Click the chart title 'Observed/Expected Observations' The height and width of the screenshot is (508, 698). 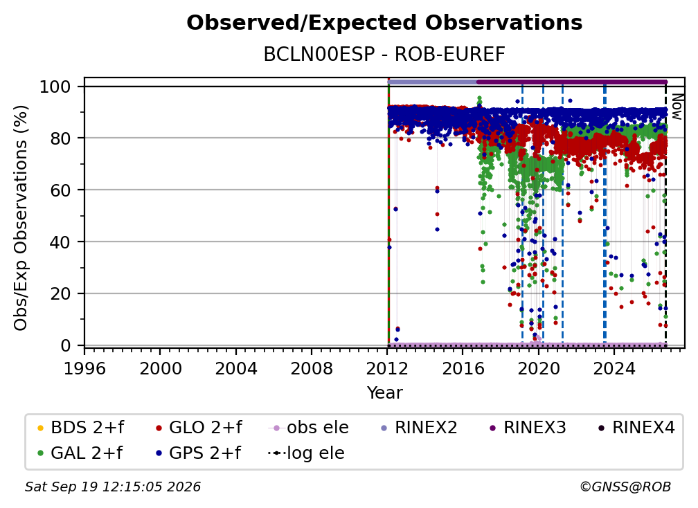(384, 23)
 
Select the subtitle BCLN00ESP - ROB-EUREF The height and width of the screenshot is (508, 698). (384, 55)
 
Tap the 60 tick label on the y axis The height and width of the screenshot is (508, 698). (60, 190)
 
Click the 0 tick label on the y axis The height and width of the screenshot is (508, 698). (66, 345)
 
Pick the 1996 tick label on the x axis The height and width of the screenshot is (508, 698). (84, 369)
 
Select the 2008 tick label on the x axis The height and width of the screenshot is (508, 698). (311, 369)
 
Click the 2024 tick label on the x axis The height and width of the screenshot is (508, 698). (614, 369)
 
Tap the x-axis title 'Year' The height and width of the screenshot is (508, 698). (384, 393)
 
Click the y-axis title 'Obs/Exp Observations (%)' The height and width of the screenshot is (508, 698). (21, 218)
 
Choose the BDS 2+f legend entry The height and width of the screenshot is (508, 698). (80, 428)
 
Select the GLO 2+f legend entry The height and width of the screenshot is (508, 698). (199, 428)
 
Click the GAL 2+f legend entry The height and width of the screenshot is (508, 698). (80, 453)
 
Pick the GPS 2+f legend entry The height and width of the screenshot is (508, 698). (198, 453)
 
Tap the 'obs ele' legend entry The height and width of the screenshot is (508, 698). (309, 428)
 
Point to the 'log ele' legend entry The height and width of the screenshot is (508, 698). (306, 453)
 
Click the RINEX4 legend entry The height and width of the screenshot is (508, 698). (636, 428)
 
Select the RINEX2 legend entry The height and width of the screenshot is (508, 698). (419, 428)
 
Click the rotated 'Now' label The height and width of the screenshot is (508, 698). (677, 107)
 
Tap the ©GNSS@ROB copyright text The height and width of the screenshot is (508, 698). (625, 487)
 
